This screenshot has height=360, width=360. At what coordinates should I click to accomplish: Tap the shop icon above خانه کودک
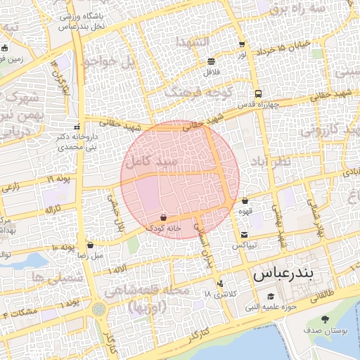(x=163, y=217)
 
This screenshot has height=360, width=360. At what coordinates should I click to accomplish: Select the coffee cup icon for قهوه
(x=245, y=201)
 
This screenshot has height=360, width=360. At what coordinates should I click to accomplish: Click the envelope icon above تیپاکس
(x=244, y=234)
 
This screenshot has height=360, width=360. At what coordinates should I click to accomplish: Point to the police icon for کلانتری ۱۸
(x=221, y=283)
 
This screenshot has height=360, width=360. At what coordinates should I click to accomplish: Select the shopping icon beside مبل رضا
(x=91, y=245)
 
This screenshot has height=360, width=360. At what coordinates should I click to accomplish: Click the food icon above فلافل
(x=212, y=62)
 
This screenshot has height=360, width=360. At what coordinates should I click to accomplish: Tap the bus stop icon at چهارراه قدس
(x=259, y=93)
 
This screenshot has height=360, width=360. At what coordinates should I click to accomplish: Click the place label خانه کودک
(x=164, y=229)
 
